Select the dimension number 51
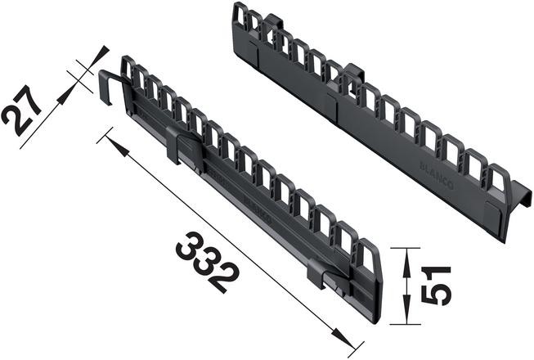point(438,284)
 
